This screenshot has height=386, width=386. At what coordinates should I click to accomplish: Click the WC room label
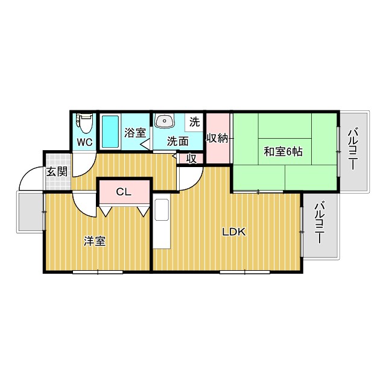[84, 143]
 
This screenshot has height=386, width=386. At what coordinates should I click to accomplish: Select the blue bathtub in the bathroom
[110, 131]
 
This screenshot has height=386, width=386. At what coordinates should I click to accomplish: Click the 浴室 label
[135, 131]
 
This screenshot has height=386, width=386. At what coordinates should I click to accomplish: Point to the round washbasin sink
[165, 121]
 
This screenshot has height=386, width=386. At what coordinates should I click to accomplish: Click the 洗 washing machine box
[194, 121]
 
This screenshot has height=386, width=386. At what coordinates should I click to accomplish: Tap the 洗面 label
[178, 142]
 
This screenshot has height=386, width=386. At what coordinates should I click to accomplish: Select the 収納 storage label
[217, 138]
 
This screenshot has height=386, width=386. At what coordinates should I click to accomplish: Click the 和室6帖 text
[282, 151]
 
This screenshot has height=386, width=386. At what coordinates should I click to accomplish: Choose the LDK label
[233, 232]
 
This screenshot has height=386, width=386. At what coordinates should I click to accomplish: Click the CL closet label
[124, 192]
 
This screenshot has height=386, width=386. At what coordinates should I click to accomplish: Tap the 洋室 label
[95, 241]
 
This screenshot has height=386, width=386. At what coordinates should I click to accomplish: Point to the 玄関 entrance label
[57, 171]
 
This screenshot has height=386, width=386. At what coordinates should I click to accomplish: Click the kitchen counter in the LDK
[162, 223]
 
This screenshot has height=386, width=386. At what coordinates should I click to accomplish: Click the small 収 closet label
[192, 158]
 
